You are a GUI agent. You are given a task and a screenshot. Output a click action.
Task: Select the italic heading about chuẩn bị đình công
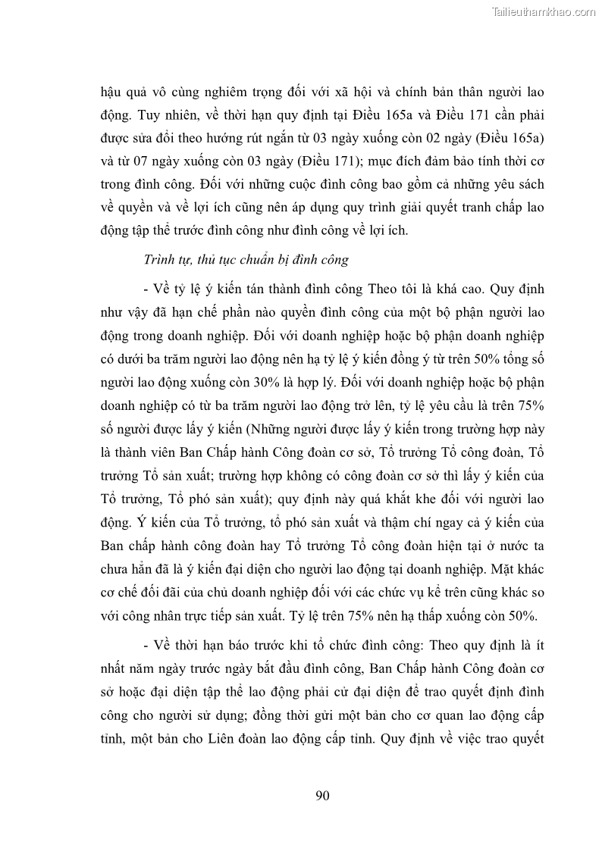(x=246, y=259)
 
